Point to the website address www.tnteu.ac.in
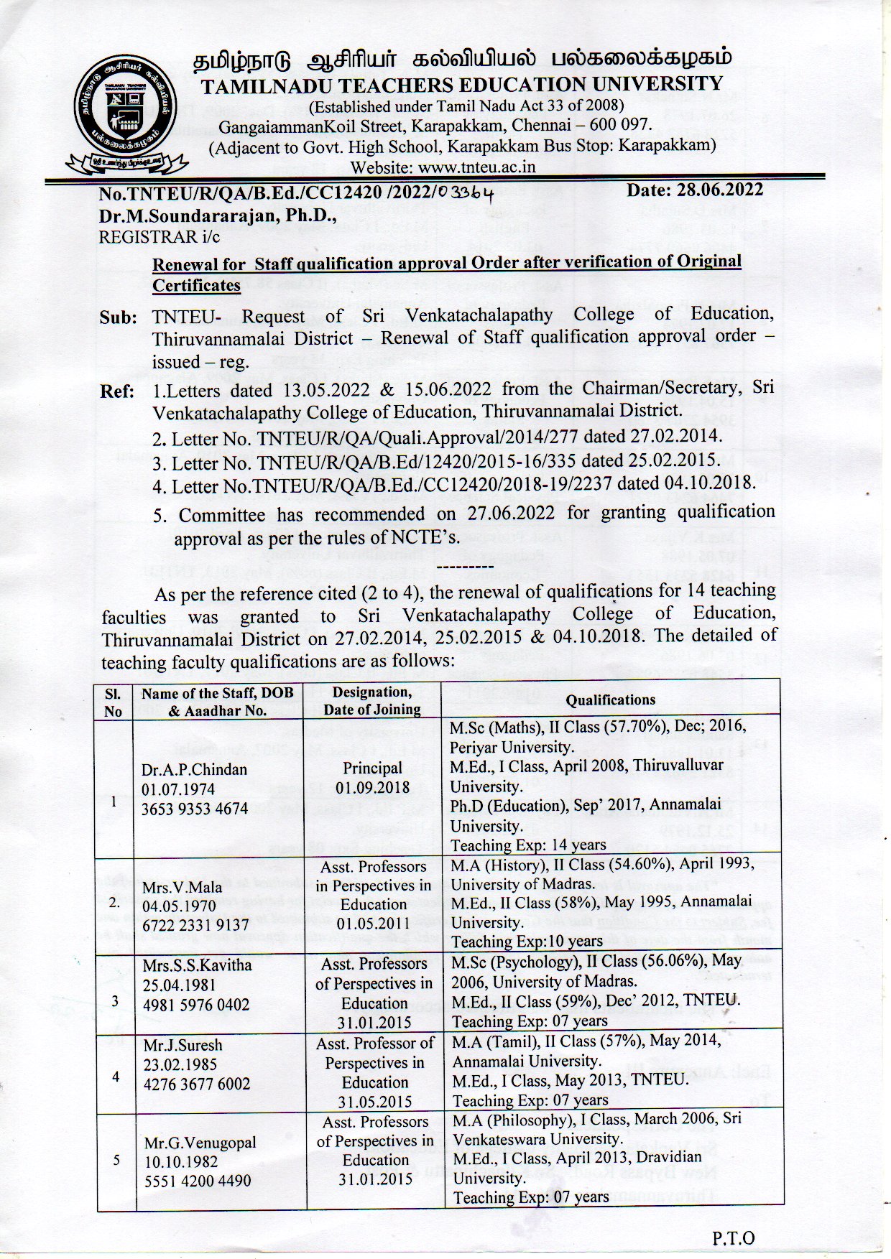tap(475, 167)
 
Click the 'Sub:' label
tap(118, 317)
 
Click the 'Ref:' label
tap(117, 391)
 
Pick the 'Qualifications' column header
tap(610, 700)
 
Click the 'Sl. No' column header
tap(113, 702)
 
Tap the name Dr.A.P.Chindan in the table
tap(194, 769)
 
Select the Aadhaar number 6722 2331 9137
tap(195, 925)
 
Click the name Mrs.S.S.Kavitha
tap(197, 965)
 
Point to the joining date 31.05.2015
tap(375, 1101)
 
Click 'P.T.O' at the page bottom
tap(733, 1237)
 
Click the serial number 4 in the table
tap(116, 1076)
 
